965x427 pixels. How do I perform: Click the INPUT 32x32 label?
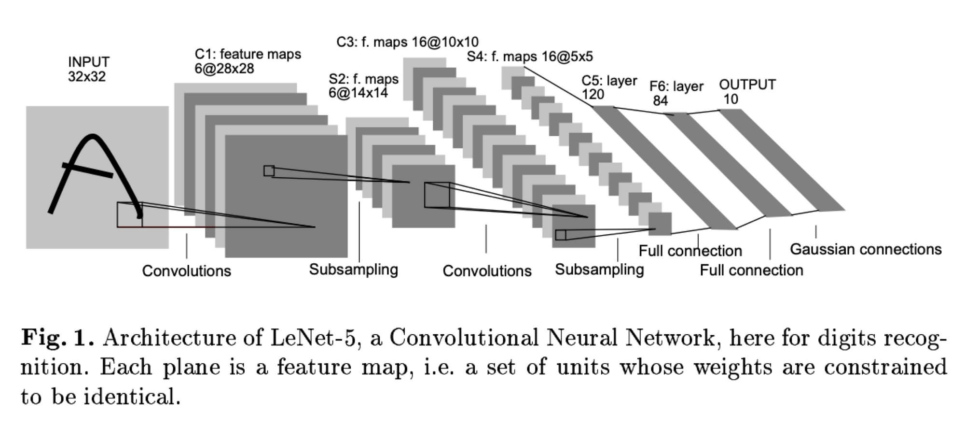89,69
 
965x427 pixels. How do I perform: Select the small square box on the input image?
129,214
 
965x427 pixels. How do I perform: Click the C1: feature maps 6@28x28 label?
248,61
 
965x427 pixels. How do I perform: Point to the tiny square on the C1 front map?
269,171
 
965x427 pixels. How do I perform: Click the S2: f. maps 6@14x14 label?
363,85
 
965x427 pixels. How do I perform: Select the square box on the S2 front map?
437,195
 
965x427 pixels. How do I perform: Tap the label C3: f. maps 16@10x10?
407,42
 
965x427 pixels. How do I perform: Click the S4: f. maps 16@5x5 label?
529,57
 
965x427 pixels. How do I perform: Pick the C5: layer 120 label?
609,87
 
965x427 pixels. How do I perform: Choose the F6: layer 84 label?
675,93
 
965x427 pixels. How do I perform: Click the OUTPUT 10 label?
747,91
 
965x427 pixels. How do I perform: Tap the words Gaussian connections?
866,249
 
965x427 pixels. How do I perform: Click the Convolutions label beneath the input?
186,270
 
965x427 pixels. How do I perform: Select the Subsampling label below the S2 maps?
353,269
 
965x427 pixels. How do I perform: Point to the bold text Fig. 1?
57,337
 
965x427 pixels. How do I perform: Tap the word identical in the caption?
132,397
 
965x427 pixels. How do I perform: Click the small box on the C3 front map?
560,235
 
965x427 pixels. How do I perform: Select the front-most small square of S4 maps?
660,224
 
